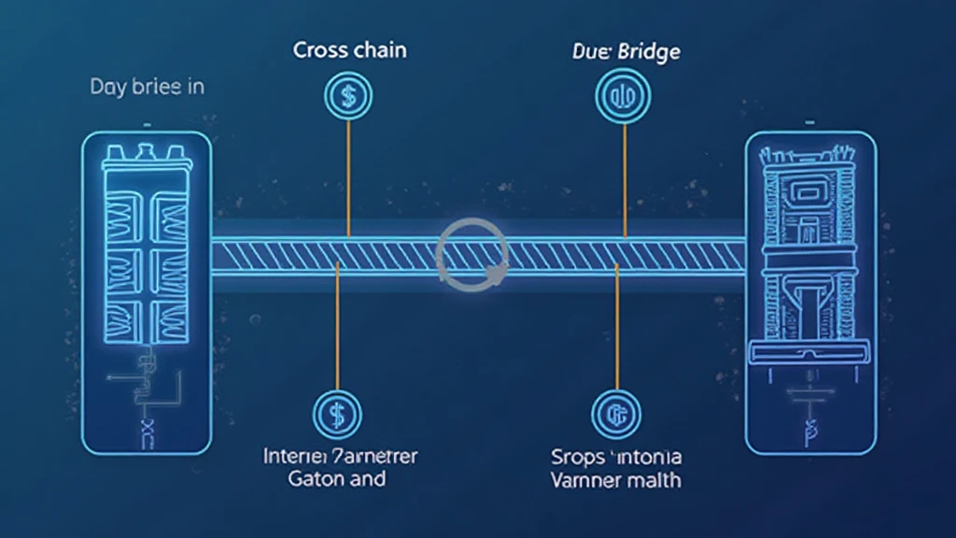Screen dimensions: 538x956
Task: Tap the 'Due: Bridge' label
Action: point(624,51)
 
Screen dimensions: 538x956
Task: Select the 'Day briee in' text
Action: point(147,88)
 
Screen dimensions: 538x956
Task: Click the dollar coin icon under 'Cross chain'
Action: point(346,95)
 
